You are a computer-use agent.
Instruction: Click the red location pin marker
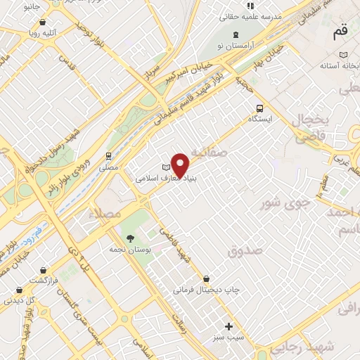tap(180, 165)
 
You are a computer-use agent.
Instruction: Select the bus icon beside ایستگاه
tap(260, 108)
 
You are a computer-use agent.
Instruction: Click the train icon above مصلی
tap(108, 156)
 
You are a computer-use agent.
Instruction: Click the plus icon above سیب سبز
tap(229, 326)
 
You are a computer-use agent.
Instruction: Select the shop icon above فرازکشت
tap(44, 269)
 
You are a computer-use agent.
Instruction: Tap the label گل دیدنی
tap(20, 300)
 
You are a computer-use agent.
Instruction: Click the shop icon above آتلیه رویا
tap(42, 21)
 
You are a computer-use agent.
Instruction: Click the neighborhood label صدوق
tap(245, 250)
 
